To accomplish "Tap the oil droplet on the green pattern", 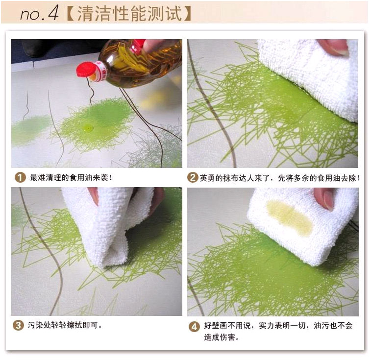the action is coord(89,128).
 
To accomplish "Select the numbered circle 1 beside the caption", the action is coord(20,177).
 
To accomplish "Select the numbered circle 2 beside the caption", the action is coord(193,177).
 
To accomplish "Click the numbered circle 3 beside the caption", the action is coord(18,325).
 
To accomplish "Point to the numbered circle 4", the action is coord(194,326).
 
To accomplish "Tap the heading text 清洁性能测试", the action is coord(129,13).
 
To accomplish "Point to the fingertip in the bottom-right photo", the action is coord(324,199).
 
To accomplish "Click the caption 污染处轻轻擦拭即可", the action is coord(65,325).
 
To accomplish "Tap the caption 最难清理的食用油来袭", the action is coord(71,177).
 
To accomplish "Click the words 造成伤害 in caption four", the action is coord(220,337).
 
